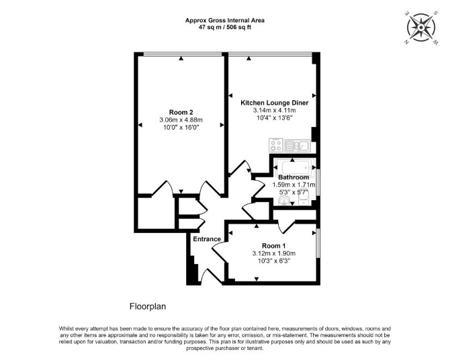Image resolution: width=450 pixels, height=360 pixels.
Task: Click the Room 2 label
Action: [181, 112]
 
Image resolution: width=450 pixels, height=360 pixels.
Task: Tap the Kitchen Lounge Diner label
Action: [274, 103]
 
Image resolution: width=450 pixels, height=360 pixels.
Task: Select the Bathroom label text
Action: [294, 177]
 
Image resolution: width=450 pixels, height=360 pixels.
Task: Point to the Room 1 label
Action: [274, 246]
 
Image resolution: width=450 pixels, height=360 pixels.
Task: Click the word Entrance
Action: [207, 239]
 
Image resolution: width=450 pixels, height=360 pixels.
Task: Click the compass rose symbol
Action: [421, 28]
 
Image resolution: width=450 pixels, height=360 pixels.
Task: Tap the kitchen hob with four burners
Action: [276, 145]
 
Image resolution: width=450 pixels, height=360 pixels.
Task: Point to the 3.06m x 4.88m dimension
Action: [181, 120]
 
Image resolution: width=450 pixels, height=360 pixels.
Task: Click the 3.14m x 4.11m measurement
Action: [274, 110]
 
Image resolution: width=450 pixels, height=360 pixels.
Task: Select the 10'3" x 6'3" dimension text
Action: [274, 261]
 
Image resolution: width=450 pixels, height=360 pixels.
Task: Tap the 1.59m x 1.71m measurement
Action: [294, 185]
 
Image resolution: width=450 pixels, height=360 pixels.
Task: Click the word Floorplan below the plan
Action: [148, 306]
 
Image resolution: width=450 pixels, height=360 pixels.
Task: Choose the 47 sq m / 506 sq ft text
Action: [225, 28]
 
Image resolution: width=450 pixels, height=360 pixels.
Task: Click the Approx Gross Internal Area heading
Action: [225, 20]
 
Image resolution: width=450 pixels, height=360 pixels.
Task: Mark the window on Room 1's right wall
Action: [318, 243]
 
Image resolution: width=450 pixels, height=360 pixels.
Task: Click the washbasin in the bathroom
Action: [284, 200]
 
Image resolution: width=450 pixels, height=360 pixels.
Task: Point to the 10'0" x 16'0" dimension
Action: [181, 128]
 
